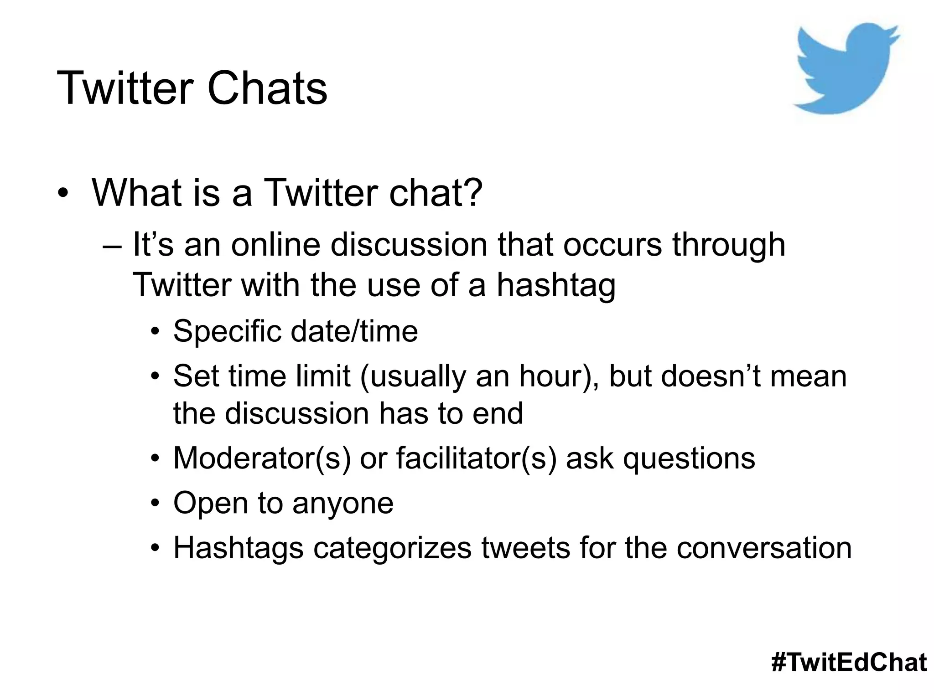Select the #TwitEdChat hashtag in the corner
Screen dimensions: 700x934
click(x=849, y=662)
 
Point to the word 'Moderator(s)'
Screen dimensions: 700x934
click(x=262, y=458)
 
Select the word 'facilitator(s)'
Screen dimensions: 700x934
click(x=477, y=458)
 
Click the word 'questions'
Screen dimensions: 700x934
click(x=689, y=458)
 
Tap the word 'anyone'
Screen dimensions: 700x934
click(x=343, y=504)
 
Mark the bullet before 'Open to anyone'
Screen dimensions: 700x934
click(x=156, y=504)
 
